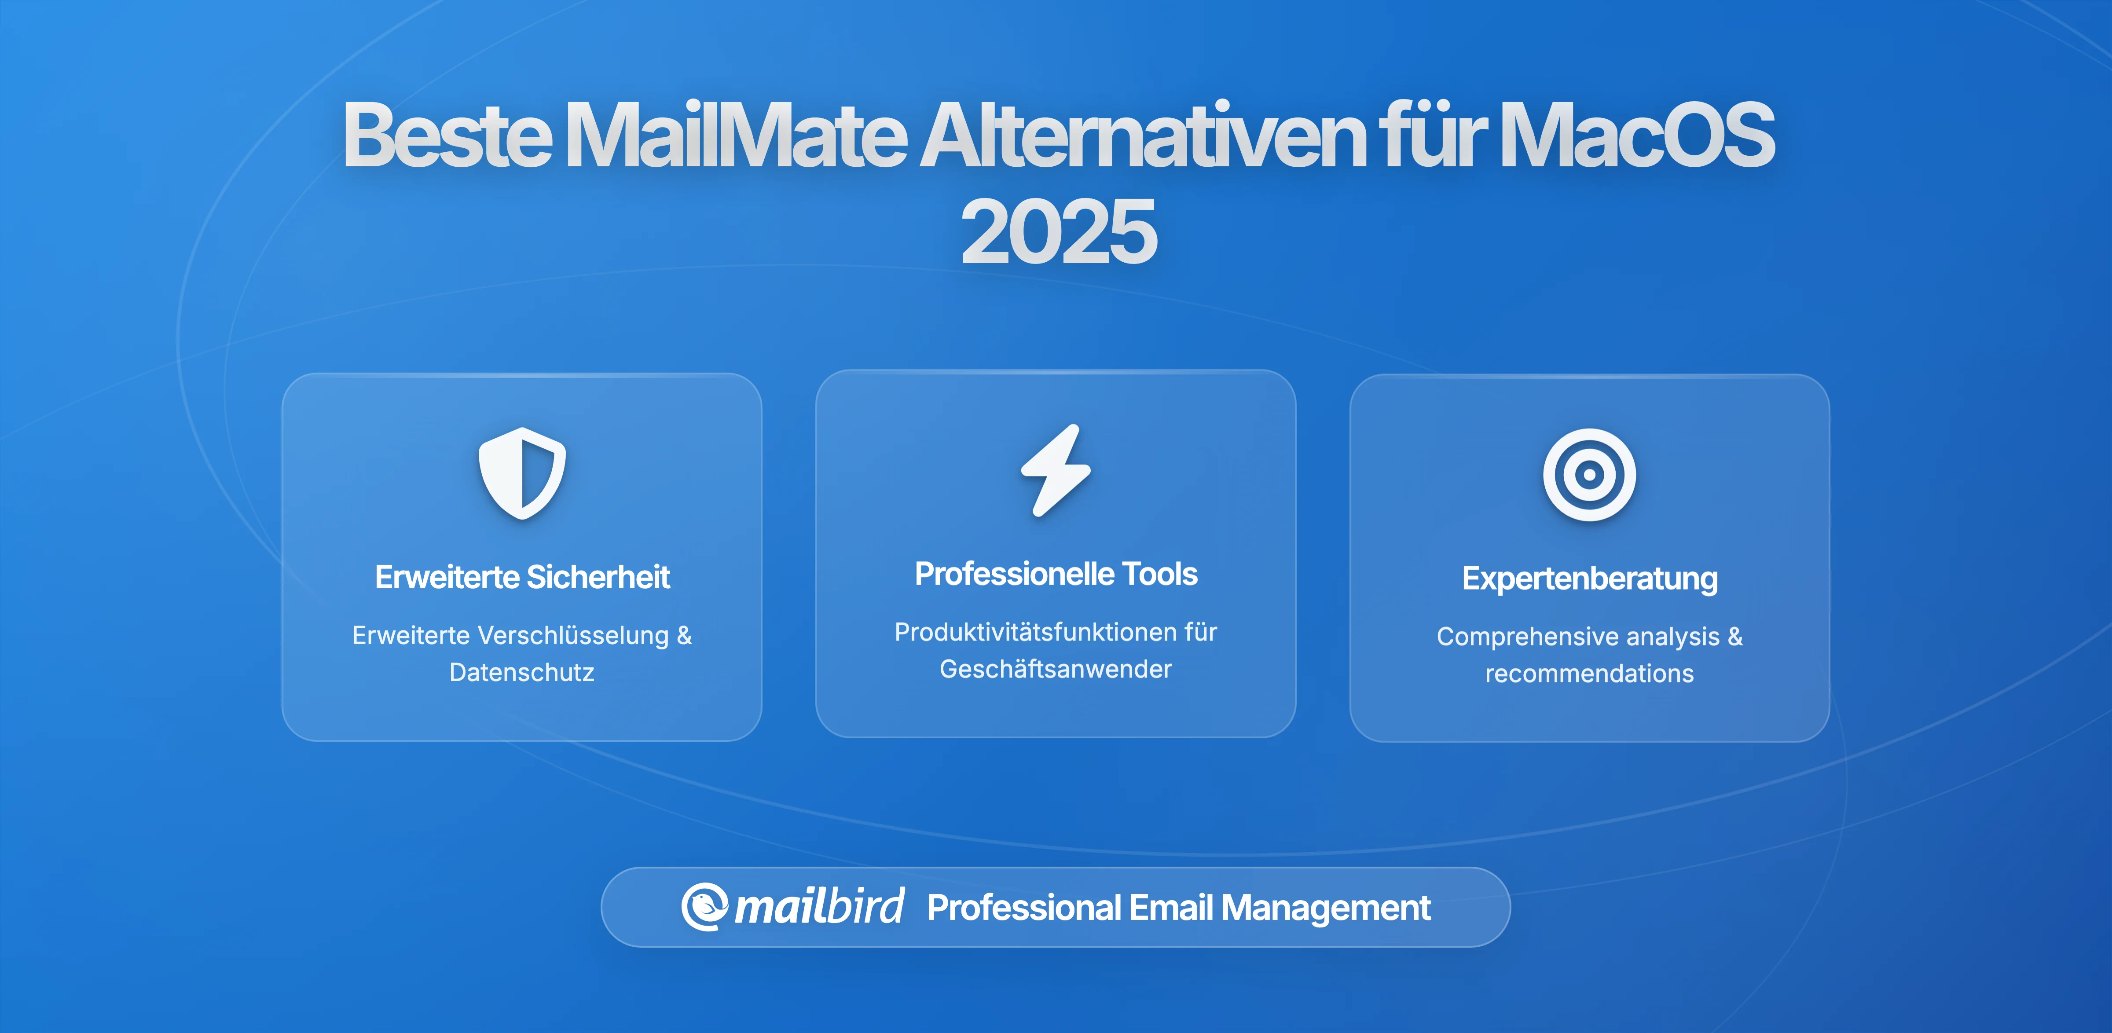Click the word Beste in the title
[x=447, y=135]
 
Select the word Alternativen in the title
[x=1143, y=135]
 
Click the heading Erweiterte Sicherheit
[x=522, y=577]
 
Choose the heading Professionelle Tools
[x=1056, y=574]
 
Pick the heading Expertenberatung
[x=1589, y=579]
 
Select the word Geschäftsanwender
[x=1056, y=669]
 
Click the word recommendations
[x=1589, y=674]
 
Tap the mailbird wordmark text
[x=819, y=907]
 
